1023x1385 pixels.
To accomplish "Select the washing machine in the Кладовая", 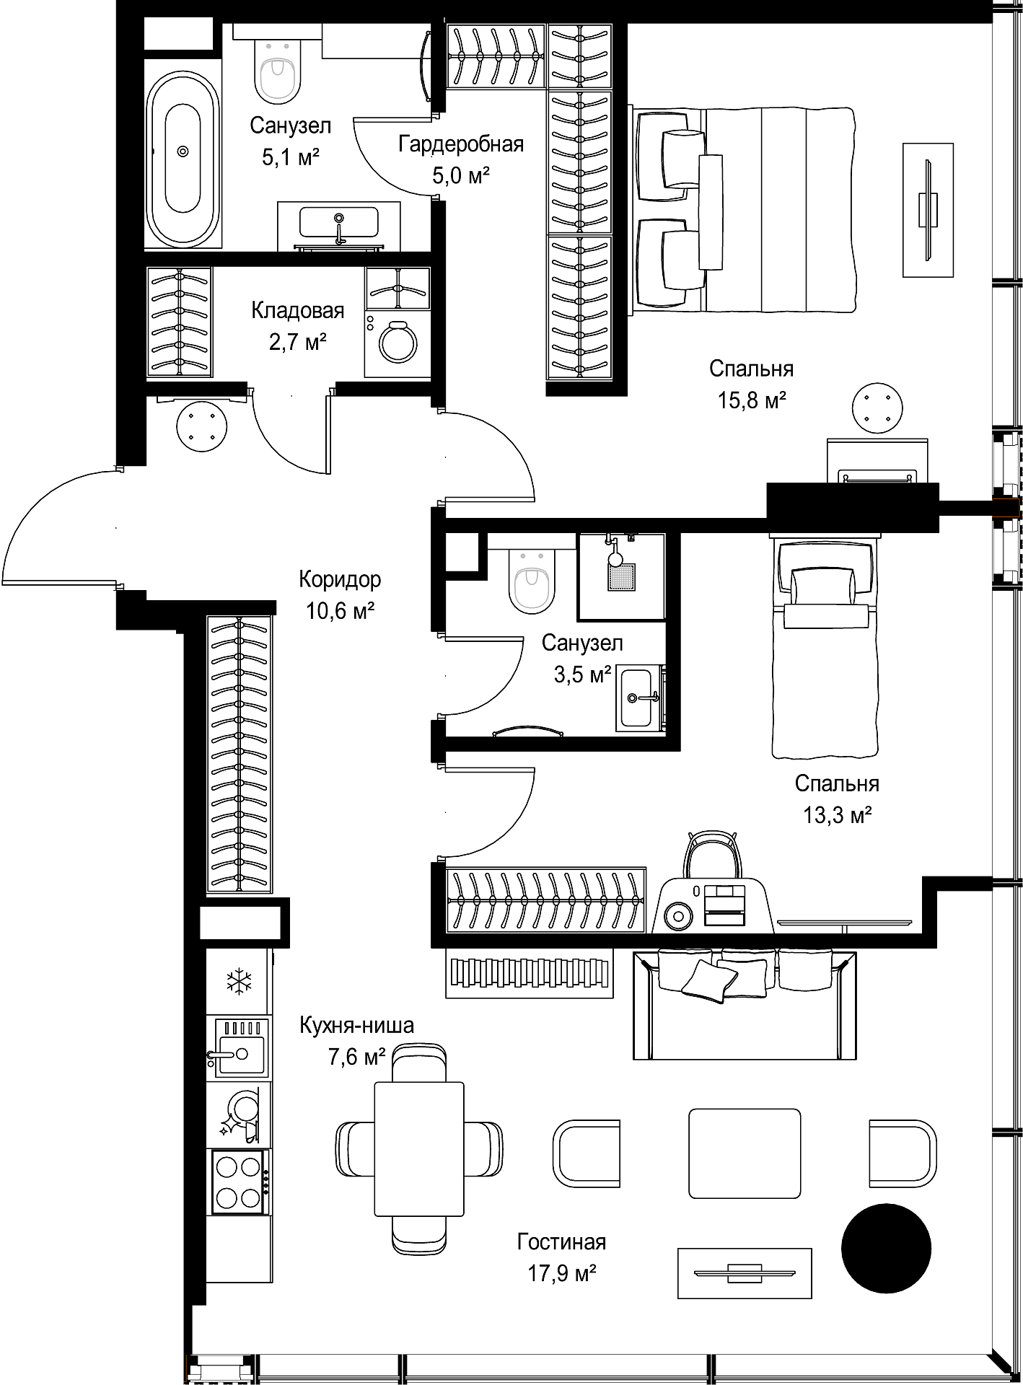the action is tap(398, 344).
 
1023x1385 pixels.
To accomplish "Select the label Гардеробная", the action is tap(461, 144).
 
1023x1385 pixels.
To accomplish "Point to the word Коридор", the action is tap(340, 579).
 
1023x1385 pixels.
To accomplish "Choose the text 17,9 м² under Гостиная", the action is tap(561, 1273).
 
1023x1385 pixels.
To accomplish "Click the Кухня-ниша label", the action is tap(357, 1025).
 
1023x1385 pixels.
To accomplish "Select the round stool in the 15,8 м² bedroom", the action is tap(877, 410).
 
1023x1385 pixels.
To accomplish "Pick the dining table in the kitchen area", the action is tap(419, 1148).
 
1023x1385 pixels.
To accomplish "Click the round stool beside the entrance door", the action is tap(202, 426).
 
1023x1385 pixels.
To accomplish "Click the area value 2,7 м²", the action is tap(298, 342).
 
